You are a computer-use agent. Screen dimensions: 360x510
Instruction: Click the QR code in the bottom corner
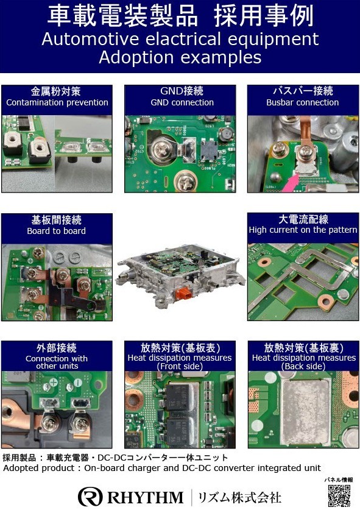[x=339, y=495]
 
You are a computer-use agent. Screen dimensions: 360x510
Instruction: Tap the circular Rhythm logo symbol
[x=90, y=497]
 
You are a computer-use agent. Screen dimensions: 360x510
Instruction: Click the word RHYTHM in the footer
[x=146, y=497]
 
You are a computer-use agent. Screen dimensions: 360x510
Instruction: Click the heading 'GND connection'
[x=182, y=102]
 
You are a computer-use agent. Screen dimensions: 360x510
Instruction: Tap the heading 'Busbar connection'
[x=303, y=102]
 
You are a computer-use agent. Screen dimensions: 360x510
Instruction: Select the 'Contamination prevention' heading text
[x=57, y=102]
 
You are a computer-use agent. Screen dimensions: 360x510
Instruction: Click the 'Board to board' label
[x=57, y=231]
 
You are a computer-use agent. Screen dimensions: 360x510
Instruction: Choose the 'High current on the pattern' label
[x=303, y=230]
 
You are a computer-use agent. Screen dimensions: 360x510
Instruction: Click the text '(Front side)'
[x=180, y=366]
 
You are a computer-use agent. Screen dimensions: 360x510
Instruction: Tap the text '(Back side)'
[x=303, y=366]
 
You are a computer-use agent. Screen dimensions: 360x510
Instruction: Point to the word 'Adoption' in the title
[x=136, y=57]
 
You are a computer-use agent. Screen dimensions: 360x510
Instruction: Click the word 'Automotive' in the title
[x=90, y=39]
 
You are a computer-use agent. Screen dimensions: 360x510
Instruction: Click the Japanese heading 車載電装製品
[x=122, y=16]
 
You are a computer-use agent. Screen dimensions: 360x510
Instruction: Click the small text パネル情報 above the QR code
[x=339, y=480]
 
